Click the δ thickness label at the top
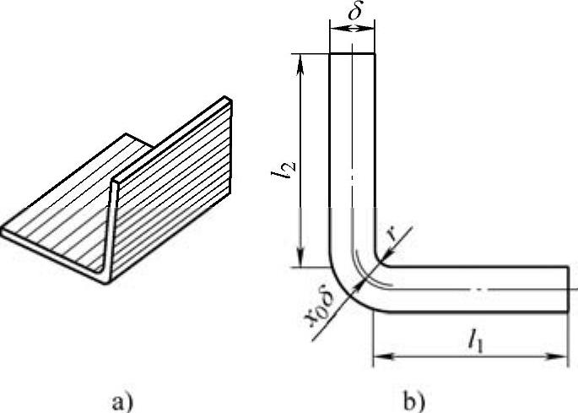355,12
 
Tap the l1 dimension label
476,343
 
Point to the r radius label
394,233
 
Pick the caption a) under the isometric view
122,401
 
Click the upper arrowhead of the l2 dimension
300,63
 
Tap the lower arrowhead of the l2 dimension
300,258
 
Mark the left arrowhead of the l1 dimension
383,356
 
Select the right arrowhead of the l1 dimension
557,356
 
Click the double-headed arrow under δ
352,29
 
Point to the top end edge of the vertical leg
352,54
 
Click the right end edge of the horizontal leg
567,289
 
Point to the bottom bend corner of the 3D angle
105,281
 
